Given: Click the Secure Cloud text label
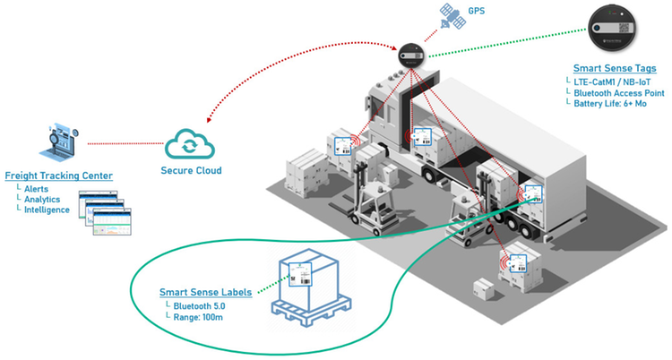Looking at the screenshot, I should pos(191,170).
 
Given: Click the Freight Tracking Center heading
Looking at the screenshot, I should pos(59,175).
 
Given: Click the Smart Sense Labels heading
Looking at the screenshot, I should pos(205,292).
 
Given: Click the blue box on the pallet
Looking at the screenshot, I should pos(308,279).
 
